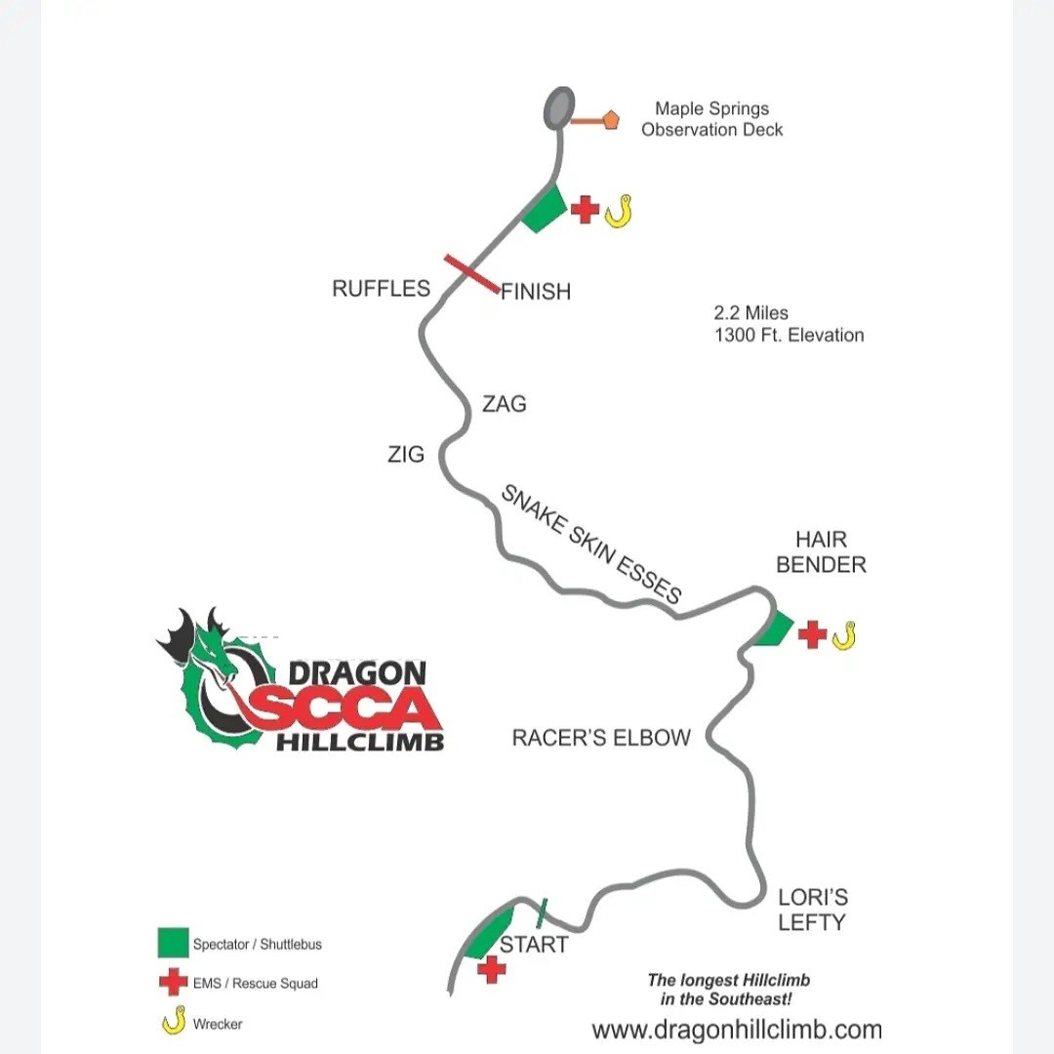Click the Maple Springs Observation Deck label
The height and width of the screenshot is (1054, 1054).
click(711, 119)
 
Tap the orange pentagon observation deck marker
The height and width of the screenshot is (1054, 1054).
click(610, 120)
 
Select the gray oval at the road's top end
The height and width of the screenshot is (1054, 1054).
click(558, 107)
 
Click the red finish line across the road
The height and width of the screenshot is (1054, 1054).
click(472, 273)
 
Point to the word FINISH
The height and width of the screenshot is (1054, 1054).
click(536, 292)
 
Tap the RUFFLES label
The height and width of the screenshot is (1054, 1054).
click(382, 288)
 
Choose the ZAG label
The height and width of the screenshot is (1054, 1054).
click(505, 404)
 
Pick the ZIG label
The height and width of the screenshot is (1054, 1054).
click(406, 455)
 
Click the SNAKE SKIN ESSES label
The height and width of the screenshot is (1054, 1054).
click(591, 544)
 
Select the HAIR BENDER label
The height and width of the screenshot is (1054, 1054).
click(821, 551)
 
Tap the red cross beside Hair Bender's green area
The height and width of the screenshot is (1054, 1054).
click(812, 634)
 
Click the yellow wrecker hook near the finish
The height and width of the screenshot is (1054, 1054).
click(619, 211)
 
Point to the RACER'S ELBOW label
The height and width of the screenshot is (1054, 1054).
click(601, 738)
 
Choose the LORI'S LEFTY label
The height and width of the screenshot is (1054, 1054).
click(813, 910)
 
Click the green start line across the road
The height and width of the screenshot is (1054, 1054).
click(542, 912)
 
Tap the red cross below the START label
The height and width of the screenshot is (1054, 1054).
click(491, 970)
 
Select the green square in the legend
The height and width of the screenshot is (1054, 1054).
click(173, 943)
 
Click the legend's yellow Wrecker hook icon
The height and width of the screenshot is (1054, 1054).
click(174, 1021)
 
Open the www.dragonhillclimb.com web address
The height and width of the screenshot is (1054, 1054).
click(737, 1030)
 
